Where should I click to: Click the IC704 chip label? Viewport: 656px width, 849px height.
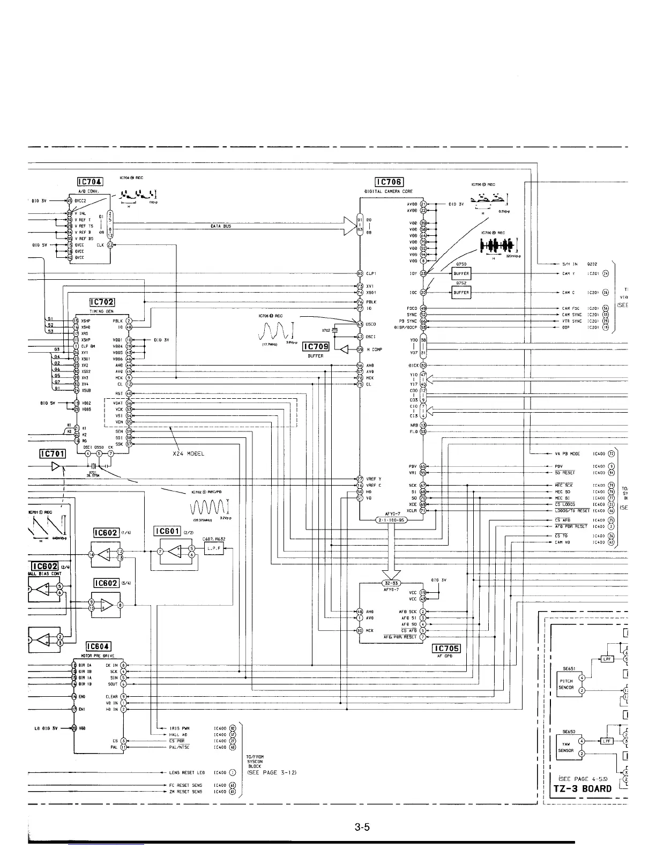point(90,182)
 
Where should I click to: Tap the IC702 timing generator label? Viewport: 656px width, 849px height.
point(102,302)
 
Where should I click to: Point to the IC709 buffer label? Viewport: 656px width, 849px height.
point(316,347)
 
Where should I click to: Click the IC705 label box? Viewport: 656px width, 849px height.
point(446,647)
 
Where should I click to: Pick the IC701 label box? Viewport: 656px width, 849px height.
point(53,454)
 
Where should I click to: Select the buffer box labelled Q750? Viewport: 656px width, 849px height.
point(461,273)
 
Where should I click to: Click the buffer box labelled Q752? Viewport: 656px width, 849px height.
point(461,293)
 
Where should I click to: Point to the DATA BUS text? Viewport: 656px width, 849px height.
point(220,227)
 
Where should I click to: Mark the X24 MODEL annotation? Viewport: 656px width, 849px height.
point(188,453)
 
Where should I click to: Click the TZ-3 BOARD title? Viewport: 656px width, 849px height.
point(582,788)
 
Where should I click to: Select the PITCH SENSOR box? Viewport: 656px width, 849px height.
point(566,684)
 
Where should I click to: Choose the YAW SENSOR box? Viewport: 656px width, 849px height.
point(566,747)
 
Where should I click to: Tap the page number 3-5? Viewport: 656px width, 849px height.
point(362,828)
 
